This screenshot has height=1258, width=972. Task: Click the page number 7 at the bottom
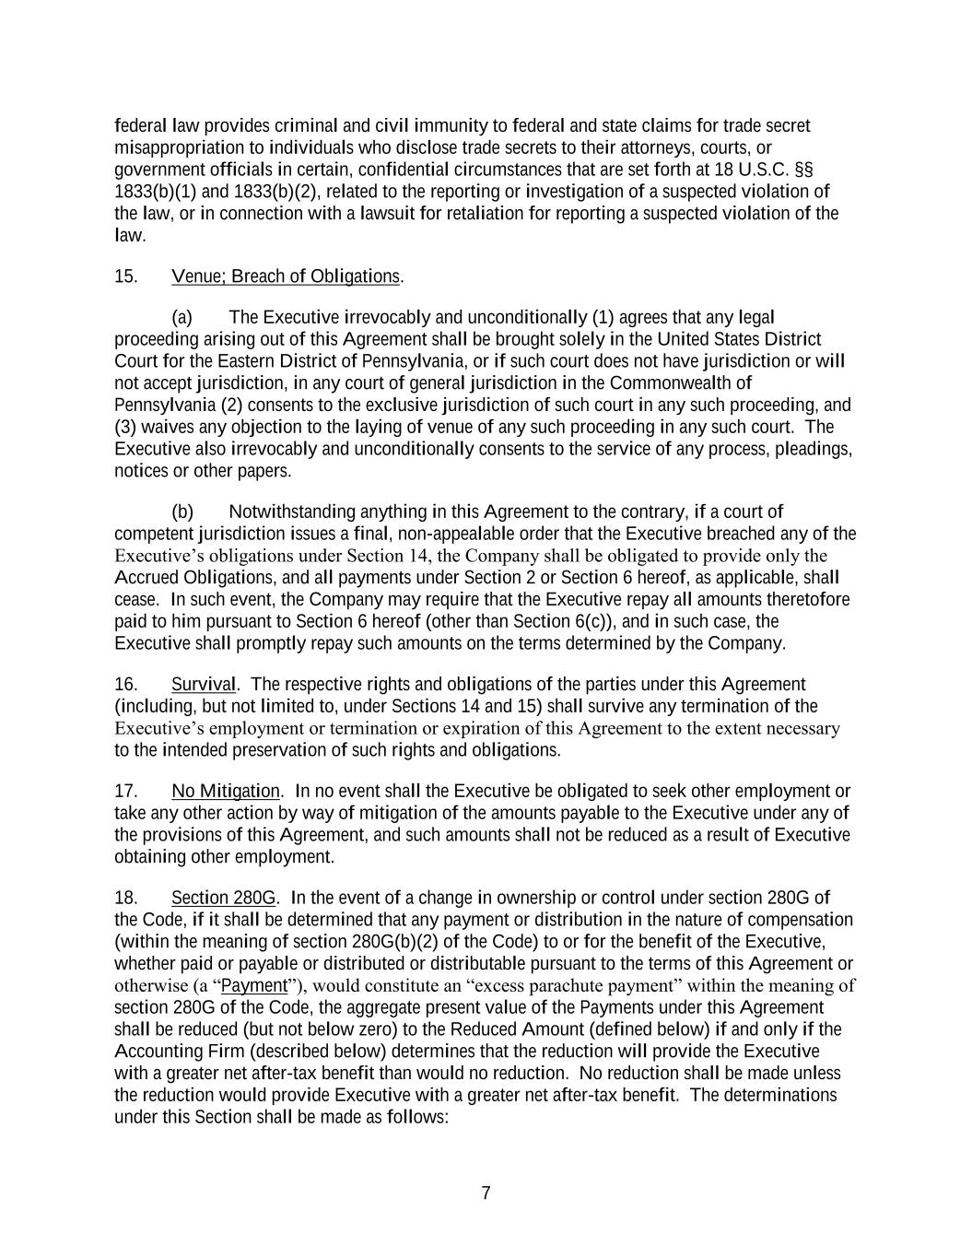click(x=486, y=1193)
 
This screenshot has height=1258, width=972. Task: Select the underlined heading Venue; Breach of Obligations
click(x=286, y=276)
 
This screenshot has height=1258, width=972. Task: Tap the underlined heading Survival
click(x=204, y=684)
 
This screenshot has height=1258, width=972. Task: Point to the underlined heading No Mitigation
click(x=226, y=791)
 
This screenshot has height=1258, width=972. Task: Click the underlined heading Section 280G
click(x=223, y=898)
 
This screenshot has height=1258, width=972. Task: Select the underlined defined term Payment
click(x=255, y=985)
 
